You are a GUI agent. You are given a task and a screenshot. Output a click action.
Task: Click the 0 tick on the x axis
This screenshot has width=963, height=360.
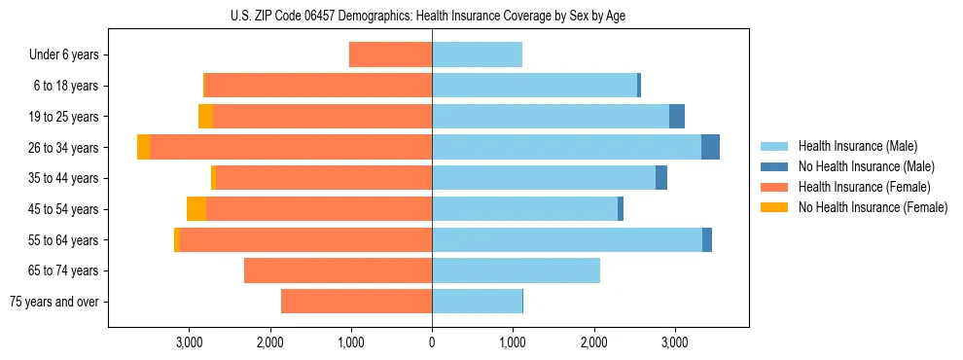(x=432, y=342)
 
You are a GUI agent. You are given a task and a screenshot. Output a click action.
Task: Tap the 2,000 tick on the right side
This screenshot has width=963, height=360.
(x=594, y=342)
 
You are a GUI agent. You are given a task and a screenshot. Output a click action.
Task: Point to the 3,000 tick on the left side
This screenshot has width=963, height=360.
(x=189, y=342)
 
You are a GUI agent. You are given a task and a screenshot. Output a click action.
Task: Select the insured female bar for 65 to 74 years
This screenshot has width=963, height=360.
(x=338, y=270)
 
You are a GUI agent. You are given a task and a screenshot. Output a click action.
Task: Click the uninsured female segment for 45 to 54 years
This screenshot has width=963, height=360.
(x=196, y=209)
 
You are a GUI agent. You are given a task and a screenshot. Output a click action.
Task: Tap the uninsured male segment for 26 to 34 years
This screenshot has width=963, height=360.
(x=710, y=147)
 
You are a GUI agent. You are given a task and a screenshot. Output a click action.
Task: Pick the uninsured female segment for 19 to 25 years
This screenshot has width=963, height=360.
(x=205, y=117)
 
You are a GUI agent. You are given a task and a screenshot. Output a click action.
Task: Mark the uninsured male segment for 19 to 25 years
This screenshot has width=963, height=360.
(x=677, y=117)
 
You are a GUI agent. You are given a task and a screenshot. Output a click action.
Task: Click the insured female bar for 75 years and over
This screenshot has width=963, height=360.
(x=356, y=302)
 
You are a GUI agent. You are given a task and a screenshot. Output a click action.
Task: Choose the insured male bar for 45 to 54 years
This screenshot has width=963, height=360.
(x=524, y=209)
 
